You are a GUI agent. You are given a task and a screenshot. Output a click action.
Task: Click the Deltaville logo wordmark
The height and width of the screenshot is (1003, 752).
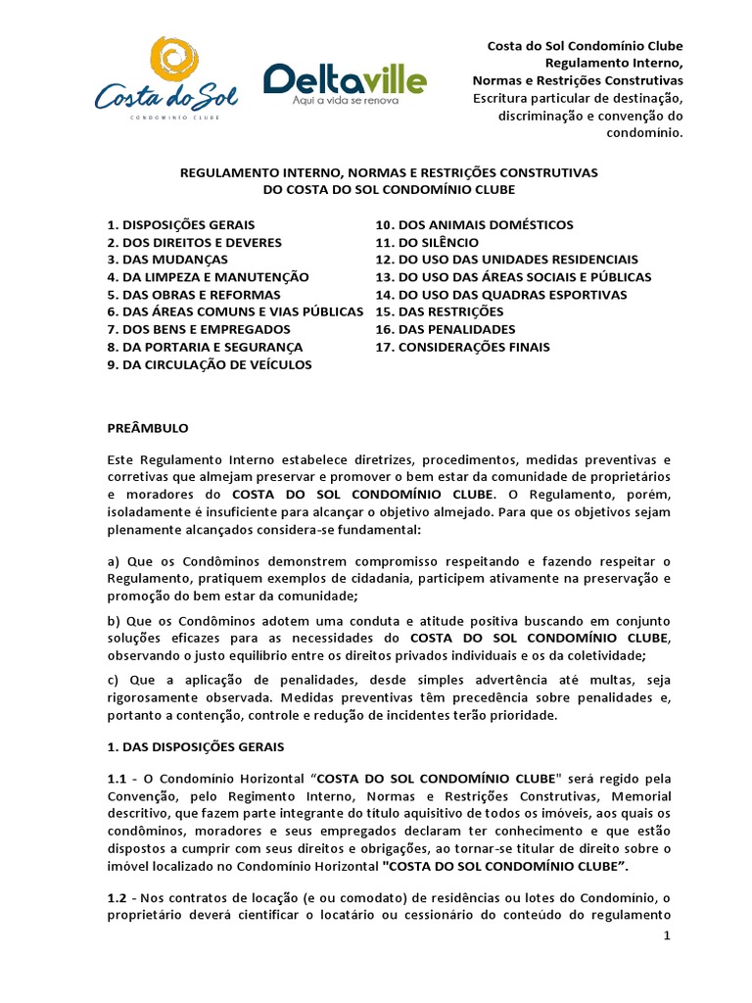[x=345, y=78]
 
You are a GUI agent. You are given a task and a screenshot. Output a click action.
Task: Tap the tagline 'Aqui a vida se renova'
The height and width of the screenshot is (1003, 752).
[x=344, y=100]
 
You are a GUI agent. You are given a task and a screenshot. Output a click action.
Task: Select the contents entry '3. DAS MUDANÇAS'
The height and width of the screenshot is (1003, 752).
[x=167, y=260]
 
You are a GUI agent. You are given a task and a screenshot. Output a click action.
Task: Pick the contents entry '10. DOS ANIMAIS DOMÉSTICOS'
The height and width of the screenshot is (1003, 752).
[x=474, y=225]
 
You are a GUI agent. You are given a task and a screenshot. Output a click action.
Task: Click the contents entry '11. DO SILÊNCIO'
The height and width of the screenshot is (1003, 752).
[x=427, y=242]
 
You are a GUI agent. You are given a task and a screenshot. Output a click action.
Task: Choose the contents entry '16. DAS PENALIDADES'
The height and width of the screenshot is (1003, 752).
[x=445, y=329]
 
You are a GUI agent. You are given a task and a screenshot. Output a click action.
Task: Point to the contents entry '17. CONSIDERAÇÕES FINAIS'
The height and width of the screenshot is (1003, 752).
[x=462, y=347]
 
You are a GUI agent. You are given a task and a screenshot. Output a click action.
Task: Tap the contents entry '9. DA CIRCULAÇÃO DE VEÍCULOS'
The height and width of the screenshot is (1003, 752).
[x=210, y=364]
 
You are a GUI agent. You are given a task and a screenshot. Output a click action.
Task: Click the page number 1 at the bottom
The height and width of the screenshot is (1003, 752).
[x=667, y=937]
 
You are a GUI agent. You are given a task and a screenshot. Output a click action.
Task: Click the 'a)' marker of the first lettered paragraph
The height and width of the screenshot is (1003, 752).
[x=113, y=560]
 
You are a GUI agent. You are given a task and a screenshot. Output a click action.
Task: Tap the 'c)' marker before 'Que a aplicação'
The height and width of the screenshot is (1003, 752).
[x=113, y=680]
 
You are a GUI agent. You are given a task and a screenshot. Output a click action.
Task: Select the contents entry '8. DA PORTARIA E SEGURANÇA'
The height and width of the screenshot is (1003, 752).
[x=205, y=347]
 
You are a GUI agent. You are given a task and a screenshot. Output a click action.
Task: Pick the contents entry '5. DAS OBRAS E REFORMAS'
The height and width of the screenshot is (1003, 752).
[x=194, y=295]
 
